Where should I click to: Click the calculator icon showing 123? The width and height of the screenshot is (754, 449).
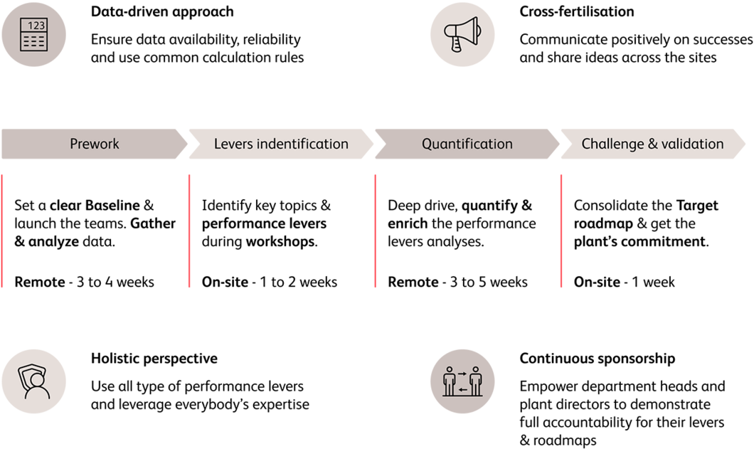33,34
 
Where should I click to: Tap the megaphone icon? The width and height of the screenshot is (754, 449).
462,34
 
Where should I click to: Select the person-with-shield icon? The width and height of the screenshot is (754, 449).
33,381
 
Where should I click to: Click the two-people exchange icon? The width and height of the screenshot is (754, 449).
462,381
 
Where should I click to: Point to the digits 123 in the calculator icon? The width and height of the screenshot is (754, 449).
37,26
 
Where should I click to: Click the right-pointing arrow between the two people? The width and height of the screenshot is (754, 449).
462,373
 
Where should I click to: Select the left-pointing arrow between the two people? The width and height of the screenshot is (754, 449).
462,389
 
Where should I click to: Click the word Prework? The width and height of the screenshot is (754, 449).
94,144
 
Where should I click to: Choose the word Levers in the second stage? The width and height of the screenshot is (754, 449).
233,144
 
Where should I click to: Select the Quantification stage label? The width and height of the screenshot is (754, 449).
467,144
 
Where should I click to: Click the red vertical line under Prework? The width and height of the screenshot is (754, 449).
2,231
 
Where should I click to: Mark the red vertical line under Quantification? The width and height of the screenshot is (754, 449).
375,231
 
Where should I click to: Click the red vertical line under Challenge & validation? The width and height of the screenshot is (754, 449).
561,231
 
